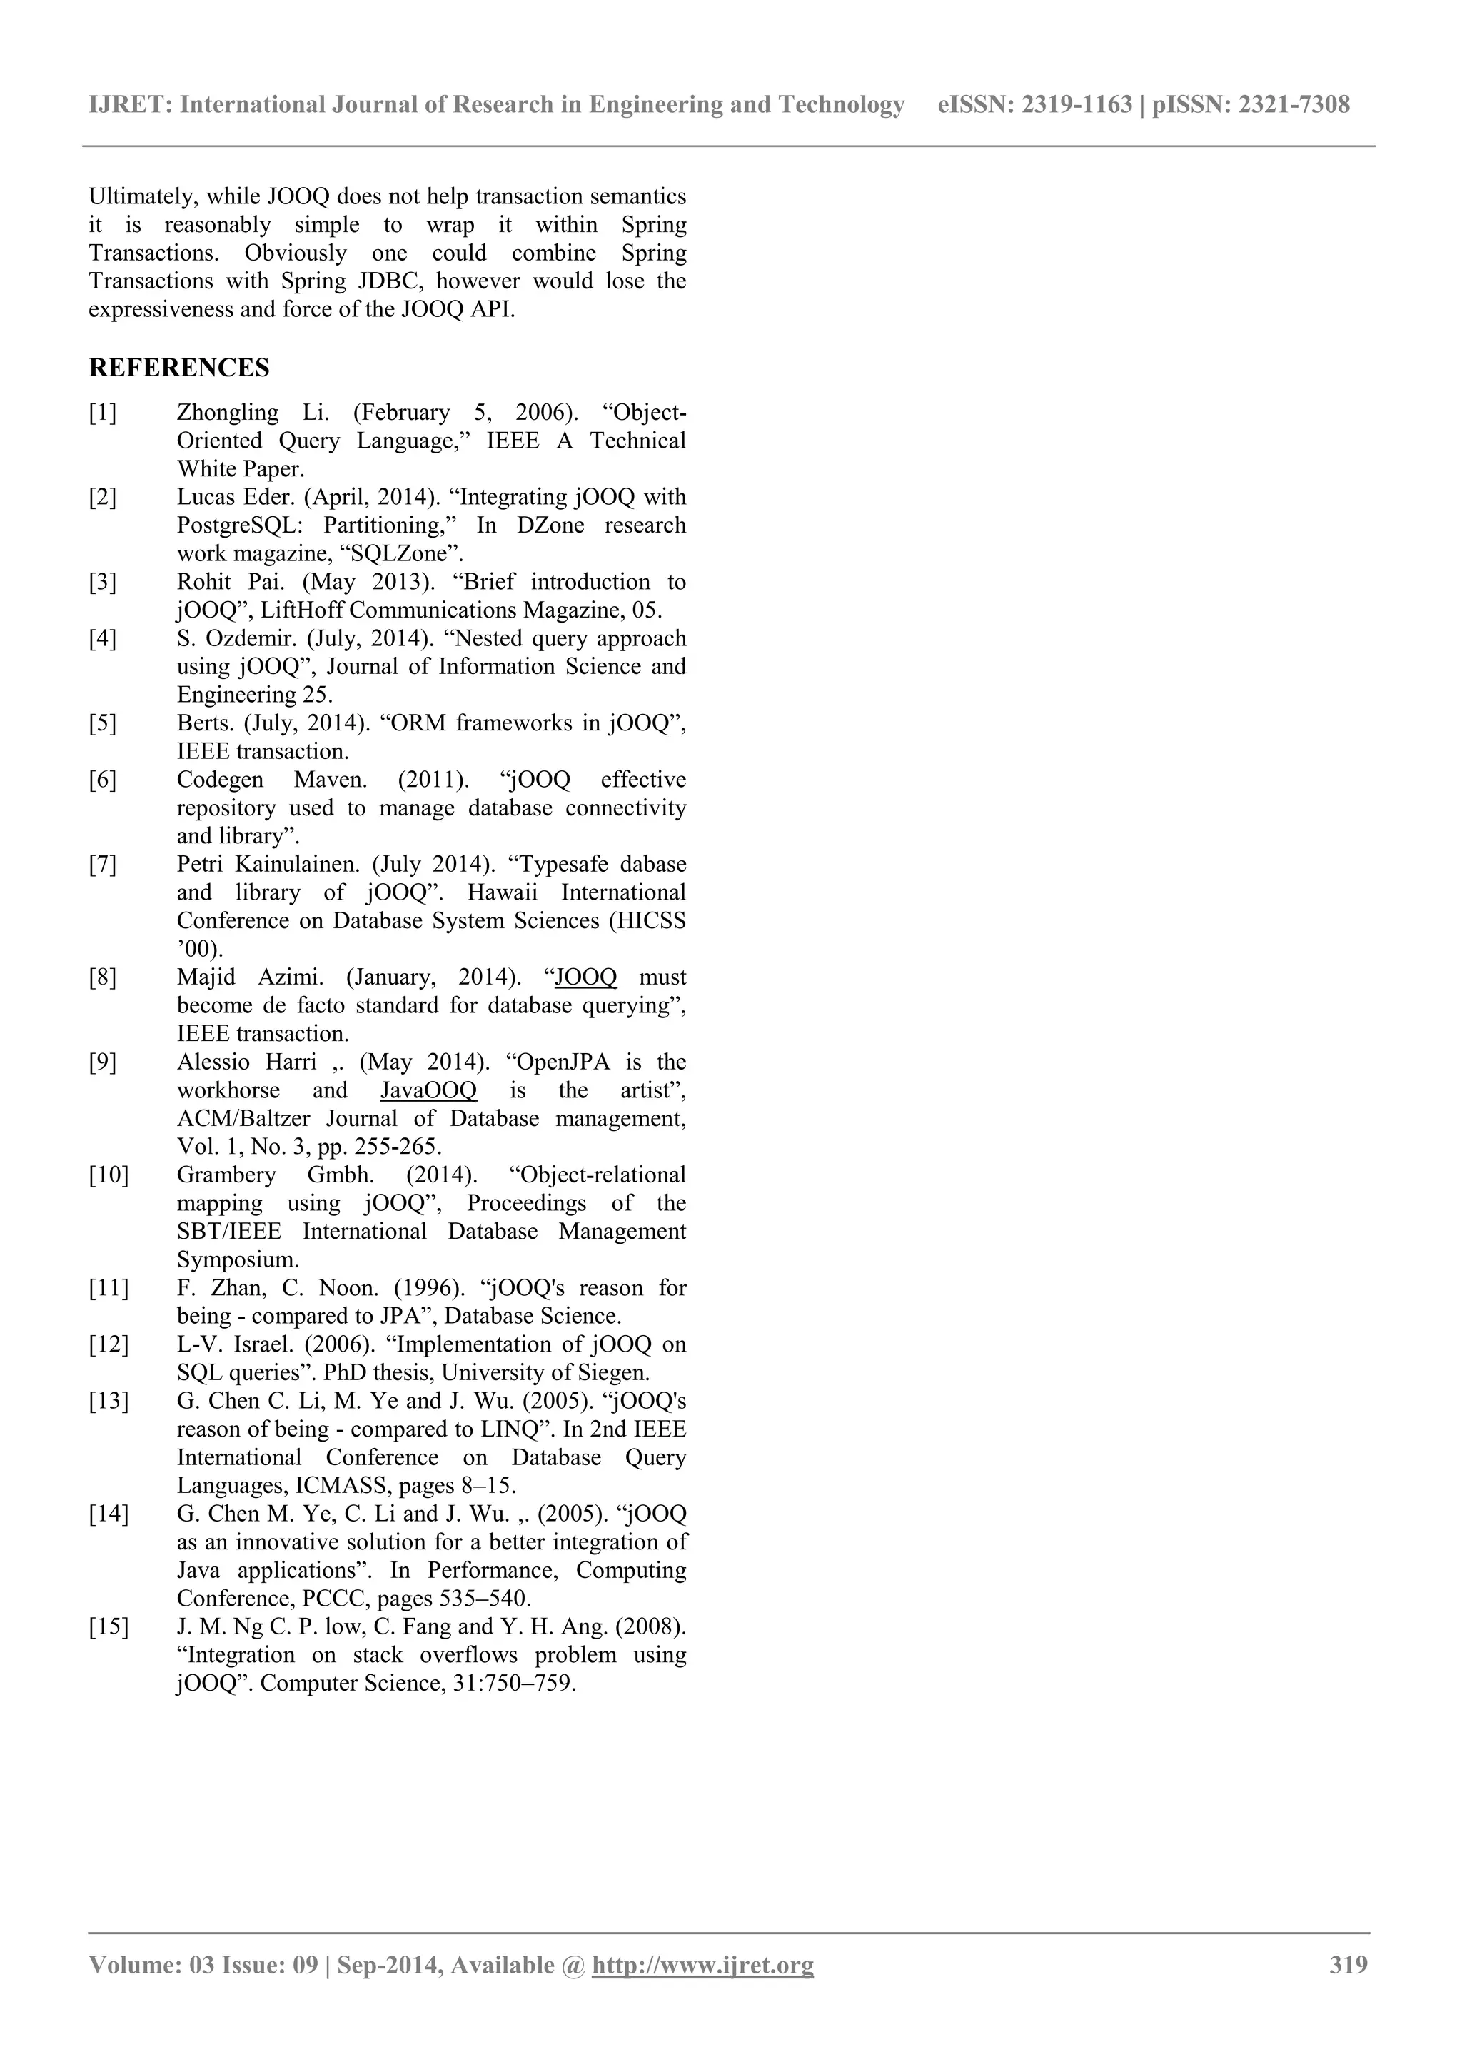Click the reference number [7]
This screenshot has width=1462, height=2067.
pyautogui.click(x=103, y=864)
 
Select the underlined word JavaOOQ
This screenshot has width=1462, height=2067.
pyautogui.click(x=428, y=1090)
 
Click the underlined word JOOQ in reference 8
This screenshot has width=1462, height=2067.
pyautogui.click(x=586, y=977)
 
